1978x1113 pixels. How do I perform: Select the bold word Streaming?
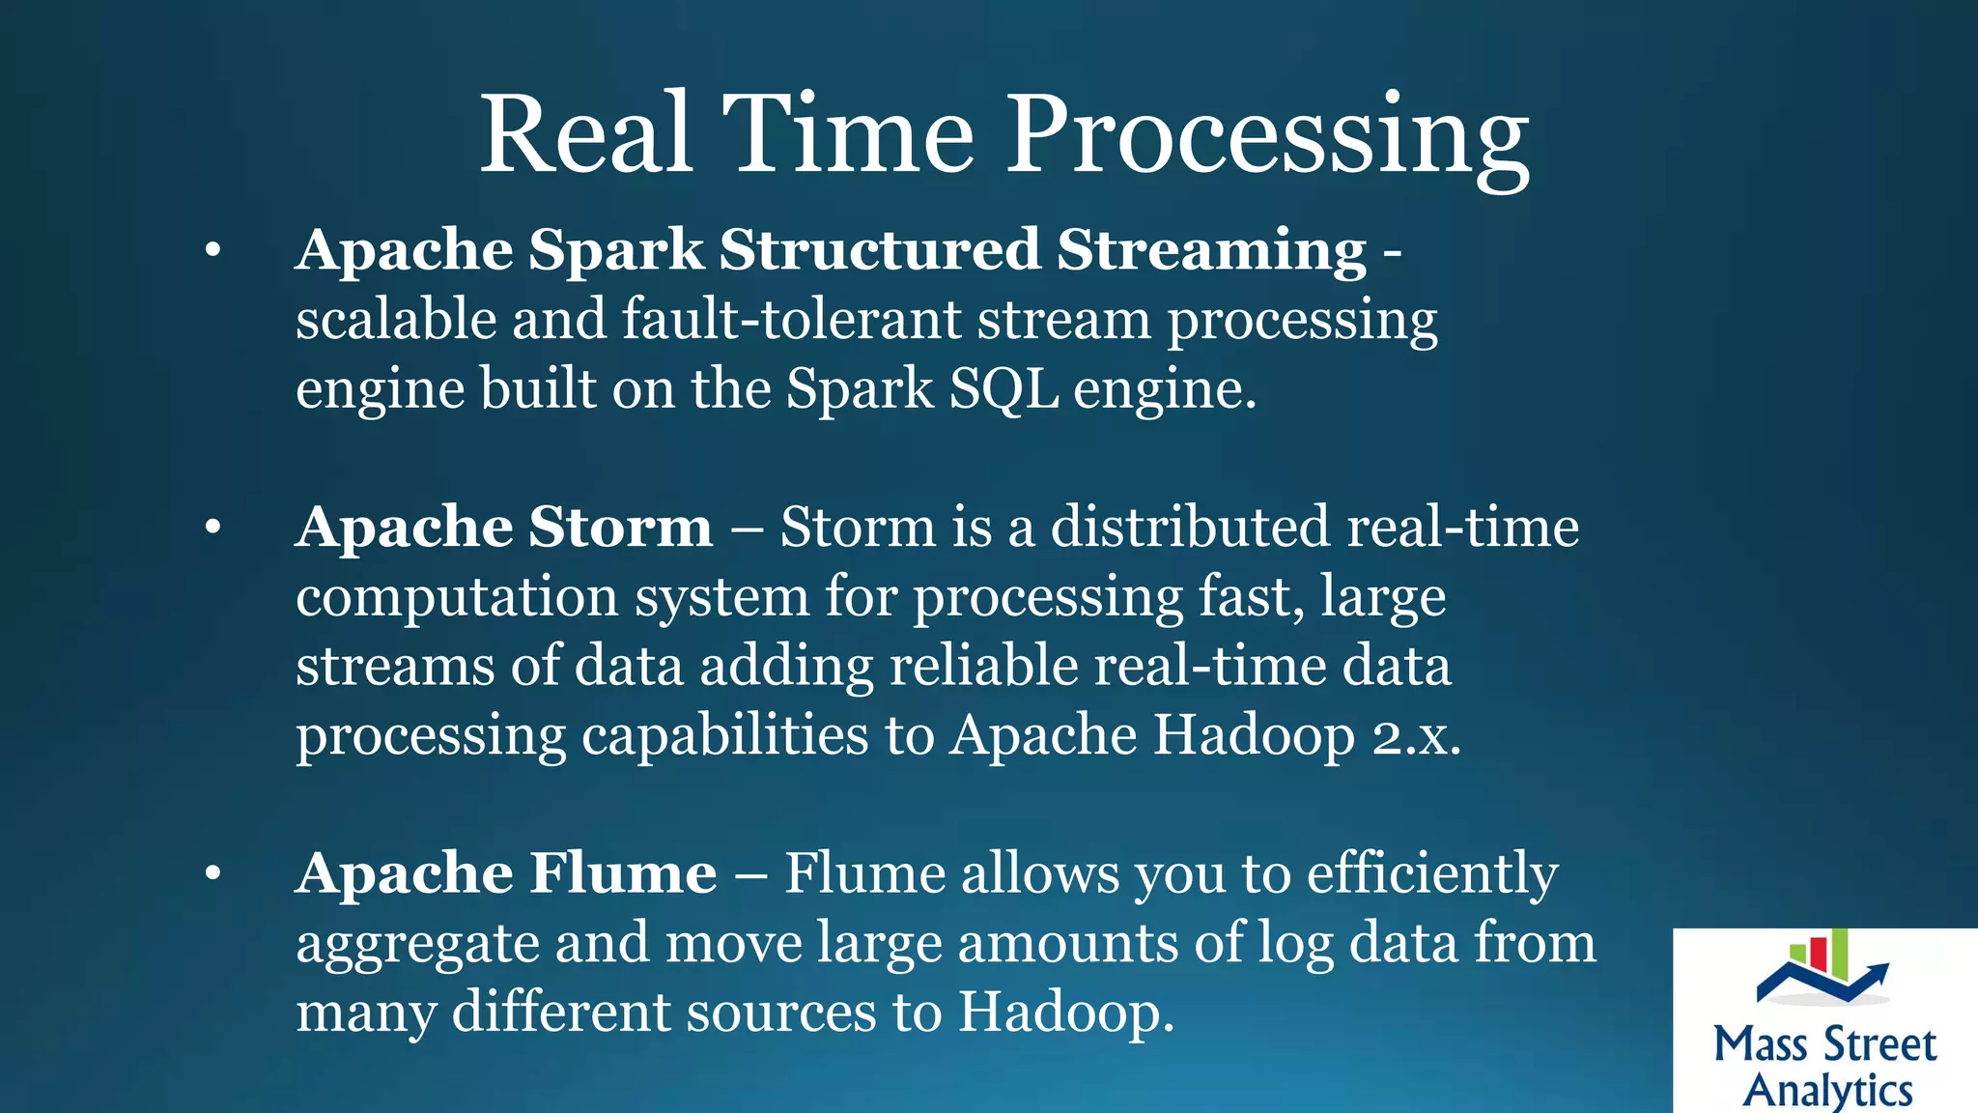point(1211,251)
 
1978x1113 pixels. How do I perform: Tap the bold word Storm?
point(620,528)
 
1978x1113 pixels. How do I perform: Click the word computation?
point(457,597)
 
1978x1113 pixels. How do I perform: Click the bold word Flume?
point(623,873)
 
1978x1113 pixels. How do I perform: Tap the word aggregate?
point(417,945)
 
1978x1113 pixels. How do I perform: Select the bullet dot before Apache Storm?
point(213,528)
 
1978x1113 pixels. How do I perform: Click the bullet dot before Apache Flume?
point(213,874)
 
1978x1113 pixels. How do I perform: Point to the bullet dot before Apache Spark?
point(213,251)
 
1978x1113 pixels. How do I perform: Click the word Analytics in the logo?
point(1827,1090)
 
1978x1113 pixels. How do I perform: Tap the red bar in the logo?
point(1819,954)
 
